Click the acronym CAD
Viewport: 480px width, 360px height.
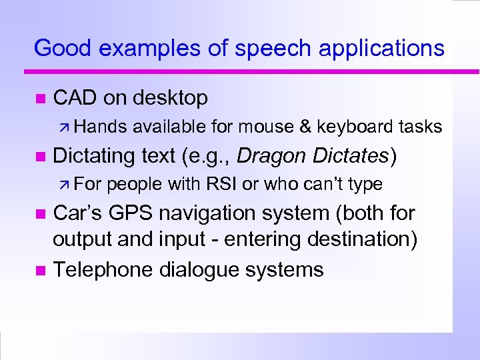75,98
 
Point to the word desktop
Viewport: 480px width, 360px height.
170,98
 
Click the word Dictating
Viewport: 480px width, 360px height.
94,156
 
